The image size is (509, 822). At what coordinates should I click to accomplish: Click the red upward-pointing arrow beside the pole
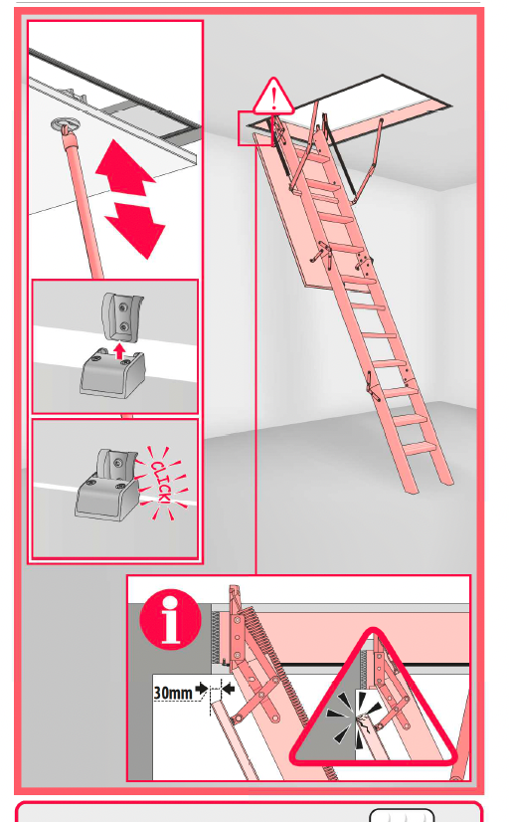click(x=124, y=167)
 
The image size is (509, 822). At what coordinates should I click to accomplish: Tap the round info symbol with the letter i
click(x=170, y=619)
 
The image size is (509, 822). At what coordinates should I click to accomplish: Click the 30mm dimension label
click(x=173, y=693)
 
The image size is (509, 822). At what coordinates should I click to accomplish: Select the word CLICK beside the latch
click(x=161, y=483)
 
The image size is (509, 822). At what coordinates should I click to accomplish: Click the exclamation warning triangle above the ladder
click(x=273, y=97)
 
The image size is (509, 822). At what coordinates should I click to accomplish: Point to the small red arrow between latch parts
click(x=120, y=350)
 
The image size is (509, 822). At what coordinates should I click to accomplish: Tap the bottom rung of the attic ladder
click(x=420, y=447)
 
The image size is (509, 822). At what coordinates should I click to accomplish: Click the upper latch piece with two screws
click(x=122, y=316)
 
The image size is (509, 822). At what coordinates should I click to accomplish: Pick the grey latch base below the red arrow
click(x=113, y=375)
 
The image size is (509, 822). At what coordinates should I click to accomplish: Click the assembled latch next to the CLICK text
click(x=107, y=485)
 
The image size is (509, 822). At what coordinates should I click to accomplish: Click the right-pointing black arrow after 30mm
click(x=201, y=689)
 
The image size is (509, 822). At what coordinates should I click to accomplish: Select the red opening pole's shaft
click(x=84, y=204)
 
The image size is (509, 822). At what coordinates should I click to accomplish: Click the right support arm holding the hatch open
click(x=368, y=162)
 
